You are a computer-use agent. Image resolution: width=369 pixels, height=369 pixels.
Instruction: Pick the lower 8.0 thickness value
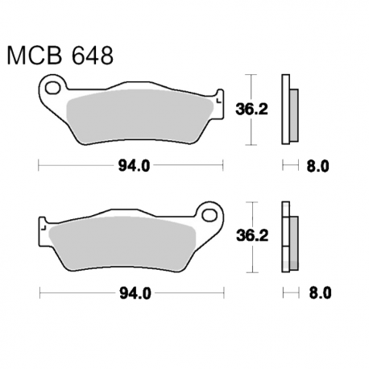pyautogui.click(x=318, y=294)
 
